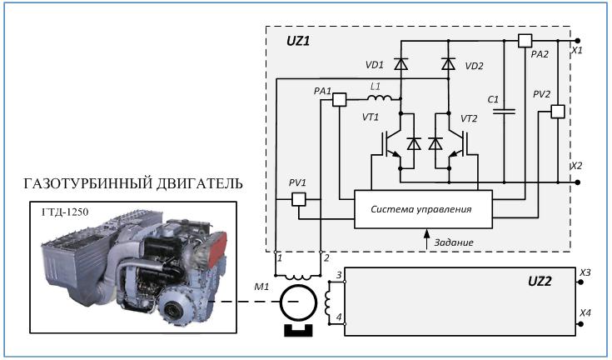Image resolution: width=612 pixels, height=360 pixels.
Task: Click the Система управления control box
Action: pyautogui.click(x=423, y=207)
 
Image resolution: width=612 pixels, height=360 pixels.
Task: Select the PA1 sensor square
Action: pyautogui.click(x=339, y=99)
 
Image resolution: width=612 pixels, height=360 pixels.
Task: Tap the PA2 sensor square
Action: pyautogui.click(x=525, y=41)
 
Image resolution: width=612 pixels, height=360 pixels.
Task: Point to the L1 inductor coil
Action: pyautogui.click(x=375, y=97)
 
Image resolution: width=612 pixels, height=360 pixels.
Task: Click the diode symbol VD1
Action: pyautogui.click(x=401, y=63)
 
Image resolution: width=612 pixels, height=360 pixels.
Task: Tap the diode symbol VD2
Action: pyautogui.click(x=449, y=63)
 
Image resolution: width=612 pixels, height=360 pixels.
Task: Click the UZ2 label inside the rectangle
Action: pyautogui.click(x=535, y=281)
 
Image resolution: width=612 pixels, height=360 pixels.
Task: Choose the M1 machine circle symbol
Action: pyautogui.click(x=298, y=303)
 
